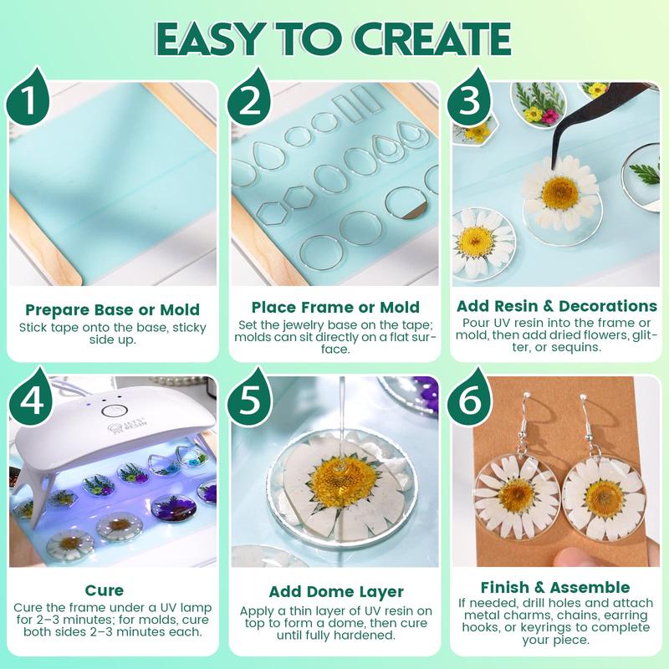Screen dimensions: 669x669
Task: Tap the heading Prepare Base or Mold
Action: tap(111, 308)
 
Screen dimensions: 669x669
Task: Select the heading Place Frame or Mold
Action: tap(335, 308)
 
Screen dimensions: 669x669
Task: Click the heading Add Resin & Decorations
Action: tap(555, 307)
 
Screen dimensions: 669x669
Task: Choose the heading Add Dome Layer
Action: tap(335, 592)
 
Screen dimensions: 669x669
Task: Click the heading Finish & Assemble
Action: tap(555, 588)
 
